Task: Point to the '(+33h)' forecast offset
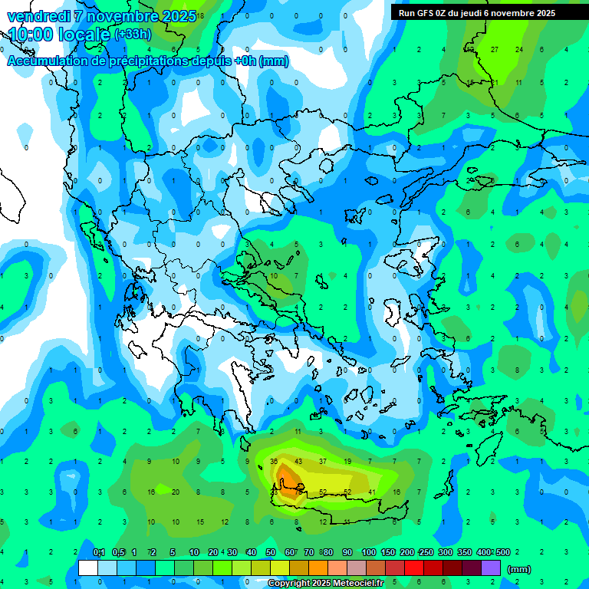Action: [133, 35]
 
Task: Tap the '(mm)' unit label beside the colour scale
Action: [519, 569]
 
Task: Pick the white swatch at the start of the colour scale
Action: [88, 568]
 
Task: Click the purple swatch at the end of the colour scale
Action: [491, 568]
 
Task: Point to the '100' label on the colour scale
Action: [368, 552]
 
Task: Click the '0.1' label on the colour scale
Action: [99, 552]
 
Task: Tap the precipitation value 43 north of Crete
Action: [298, 462]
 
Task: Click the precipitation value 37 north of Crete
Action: [323, 462]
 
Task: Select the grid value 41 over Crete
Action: [372, 492]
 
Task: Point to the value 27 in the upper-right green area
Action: [495, 50]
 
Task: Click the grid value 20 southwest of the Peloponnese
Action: [176, 492]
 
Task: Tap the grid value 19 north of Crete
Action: [347, 462]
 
